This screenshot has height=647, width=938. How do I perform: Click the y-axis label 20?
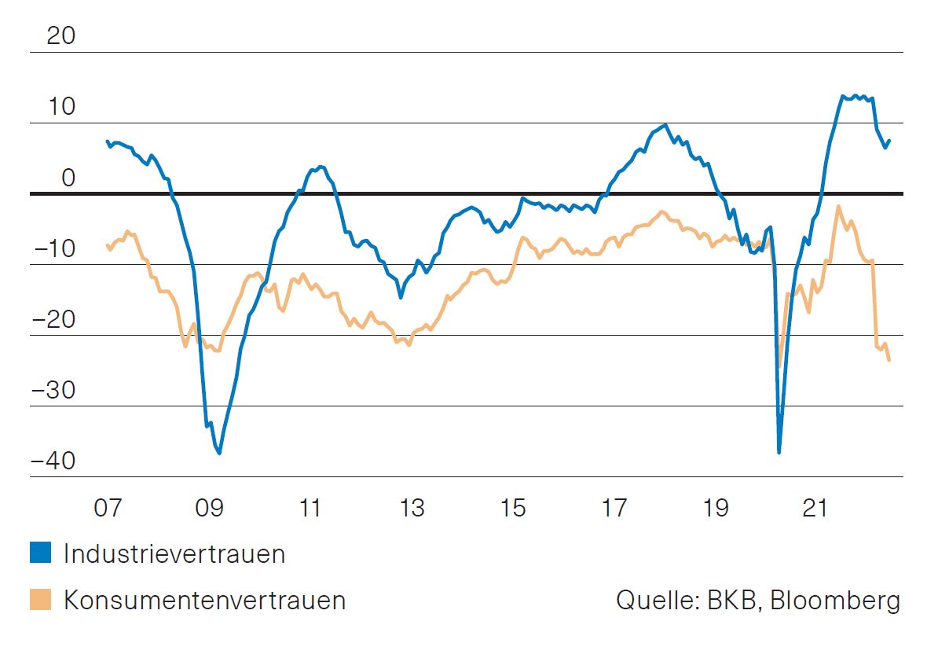pos(61,36)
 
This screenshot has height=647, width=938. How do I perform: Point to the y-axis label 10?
pos(61,107)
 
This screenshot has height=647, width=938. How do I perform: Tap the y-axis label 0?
pos(68,178)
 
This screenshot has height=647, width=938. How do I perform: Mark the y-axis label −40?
pos(54,461)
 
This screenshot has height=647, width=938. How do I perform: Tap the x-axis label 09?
pos(210,508)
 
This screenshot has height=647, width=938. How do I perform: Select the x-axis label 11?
pos(310,508)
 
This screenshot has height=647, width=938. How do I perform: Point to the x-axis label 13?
pos(411,508)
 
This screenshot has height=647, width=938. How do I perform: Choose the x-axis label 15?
pos(512,508)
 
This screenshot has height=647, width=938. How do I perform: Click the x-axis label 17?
pos(614,508)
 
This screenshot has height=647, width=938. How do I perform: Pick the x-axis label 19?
pos(715,508)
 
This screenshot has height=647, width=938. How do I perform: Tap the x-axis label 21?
pos(815,508)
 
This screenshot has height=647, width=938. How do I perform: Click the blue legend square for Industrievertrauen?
pos(40,553)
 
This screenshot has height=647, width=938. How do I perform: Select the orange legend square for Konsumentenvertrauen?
pos(40,600)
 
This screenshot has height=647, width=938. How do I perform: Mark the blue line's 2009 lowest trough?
pos(219,453)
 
